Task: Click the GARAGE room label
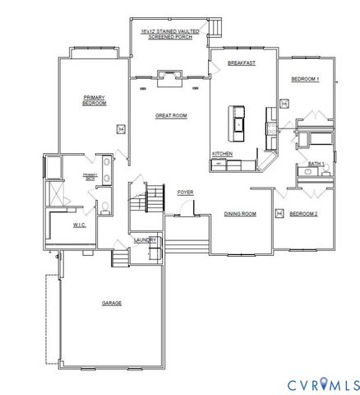coord(112,303)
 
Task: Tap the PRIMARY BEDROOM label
coord(95,101)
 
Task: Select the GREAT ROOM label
coord(171,116)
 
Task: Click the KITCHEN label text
coord(222,154)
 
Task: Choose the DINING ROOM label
coord(240,214)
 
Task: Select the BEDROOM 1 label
coord(306,79)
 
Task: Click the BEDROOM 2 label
coord(304,214)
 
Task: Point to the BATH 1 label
coord(316,165)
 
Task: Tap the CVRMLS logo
coord(322,383)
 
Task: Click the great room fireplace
coord(170,78)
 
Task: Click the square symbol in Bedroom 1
coord(284,103)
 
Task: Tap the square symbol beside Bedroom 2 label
coord(279,214)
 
